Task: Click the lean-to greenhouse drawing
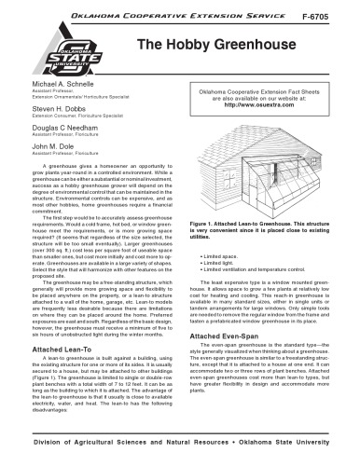268,158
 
